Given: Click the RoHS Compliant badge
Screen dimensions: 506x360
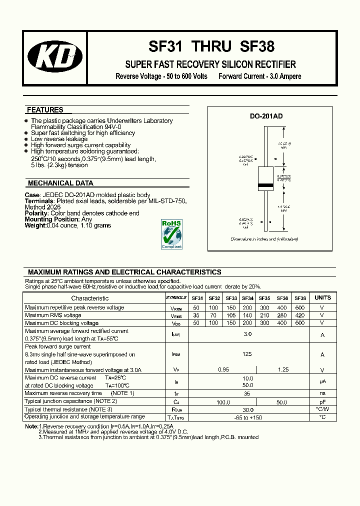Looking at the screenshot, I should pyautogui.click(x=171, y=233).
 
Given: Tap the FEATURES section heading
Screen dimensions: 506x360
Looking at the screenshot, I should pyautogui.click(x=45, y=110).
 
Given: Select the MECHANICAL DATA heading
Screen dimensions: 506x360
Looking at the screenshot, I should pyautogui.click(x=60, y=183).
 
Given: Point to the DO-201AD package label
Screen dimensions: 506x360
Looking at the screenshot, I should pyautogui.click(x=266, y=116).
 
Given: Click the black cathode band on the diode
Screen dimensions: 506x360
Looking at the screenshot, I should pyautogui.click(x=265, y=185).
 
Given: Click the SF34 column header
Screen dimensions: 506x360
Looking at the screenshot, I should pyautogui.click(x=247, y=298).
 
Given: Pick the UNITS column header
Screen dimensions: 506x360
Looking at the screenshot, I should pyautogui.click(x=322, y=298).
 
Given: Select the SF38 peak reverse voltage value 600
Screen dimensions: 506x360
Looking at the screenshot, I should pyautogui.click(x=300, y=307).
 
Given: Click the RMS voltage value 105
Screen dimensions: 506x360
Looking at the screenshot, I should pyautogui.click(x=231, y=315).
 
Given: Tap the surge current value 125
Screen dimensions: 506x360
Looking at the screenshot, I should pyautogui.click(x=247, y=354).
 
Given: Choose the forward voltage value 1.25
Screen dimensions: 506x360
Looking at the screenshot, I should pyautogui.click(x=282, y=370).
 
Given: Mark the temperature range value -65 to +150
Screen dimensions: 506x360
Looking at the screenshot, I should pyautogui.click(x=247, y=417).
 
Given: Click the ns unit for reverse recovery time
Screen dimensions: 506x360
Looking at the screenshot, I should pyautogui.click(x=322, y=393).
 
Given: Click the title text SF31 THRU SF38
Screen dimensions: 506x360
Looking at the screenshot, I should pyautogui.click(x=211, y=47).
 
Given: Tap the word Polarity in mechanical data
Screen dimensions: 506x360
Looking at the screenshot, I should pyautogui.click(x=36, y=213).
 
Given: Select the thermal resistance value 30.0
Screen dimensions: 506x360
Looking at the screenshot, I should pyautogui.click(x=247, y=409).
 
